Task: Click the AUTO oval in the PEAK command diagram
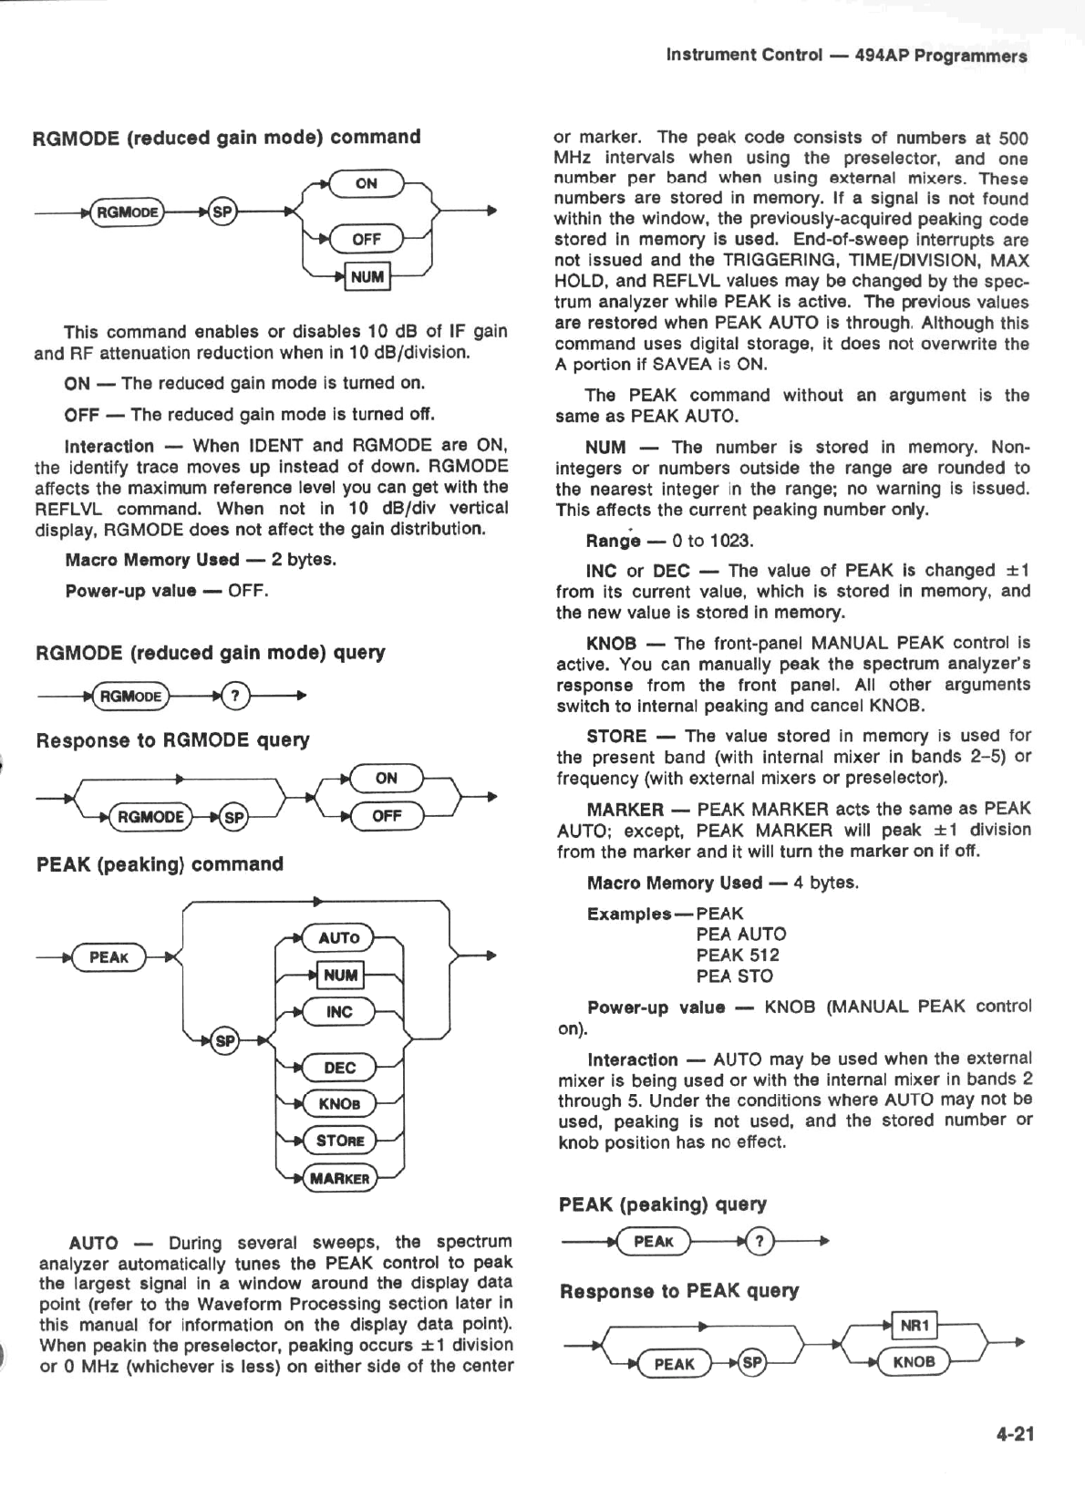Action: click(339, 937)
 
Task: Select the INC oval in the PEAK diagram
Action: click(339, 1011)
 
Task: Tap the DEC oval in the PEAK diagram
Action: click(339, 1068)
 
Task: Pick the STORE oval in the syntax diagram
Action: click(339, 1141)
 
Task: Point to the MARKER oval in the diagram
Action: click(339, 1178)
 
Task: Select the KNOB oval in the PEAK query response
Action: click(913, 1362)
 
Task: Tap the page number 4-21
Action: click(1015, 1434)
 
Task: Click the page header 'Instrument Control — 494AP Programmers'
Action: click(846, 56)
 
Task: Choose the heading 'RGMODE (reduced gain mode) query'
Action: click(210, 653)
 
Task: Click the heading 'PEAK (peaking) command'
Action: click(160, 864)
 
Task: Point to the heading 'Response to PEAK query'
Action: click(679, 1291)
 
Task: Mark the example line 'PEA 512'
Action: click(738, 956)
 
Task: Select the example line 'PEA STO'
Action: click(734, 976)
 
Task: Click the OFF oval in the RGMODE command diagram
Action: click(366, 239)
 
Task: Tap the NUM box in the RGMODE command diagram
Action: click(367, 276)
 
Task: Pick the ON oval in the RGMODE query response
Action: click(386, 778)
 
